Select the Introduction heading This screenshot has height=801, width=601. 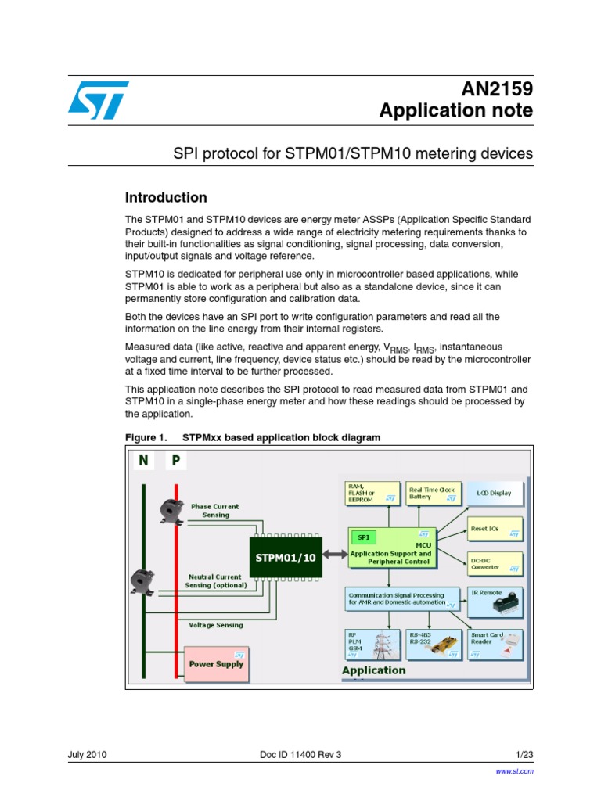pos(167,198)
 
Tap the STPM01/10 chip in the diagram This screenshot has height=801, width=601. pos(286,557)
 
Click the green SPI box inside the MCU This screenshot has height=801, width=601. pos(363,537)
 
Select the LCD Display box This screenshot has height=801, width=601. pos(494,494)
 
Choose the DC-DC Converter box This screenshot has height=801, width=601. pos(495,563)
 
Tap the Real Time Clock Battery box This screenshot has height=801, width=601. pos(433,494)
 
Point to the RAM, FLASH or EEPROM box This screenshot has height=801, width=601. pos(372,494)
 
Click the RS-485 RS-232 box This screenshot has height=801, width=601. pos(434,644)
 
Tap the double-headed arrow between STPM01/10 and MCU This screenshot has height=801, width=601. pos(334,554)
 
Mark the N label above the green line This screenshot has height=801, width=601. pos(143,461)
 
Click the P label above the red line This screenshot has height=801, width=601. pos(175,461)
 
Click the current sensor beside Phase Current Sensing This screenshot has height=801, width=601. pos(169,511)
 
